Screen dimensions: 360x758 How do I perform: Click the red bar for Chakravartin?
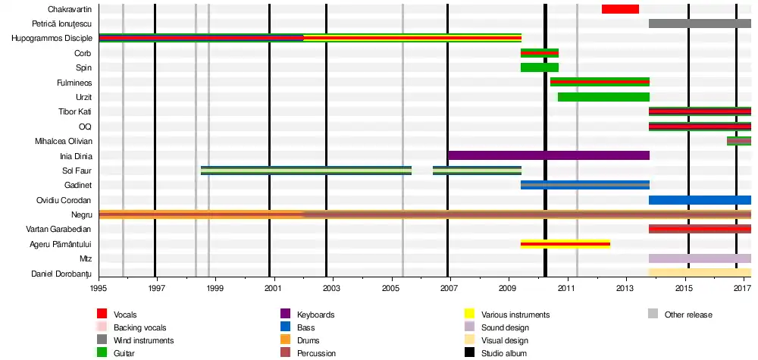(x=620, y=9)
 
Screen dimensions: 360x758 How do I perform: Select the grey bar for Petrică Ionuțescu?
(x=700, y=23)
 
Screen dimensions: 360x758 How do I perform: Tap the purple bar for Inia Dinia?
(x=549, y=155)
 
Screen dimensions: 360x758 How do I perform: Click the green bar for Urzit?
(x=603, y=97)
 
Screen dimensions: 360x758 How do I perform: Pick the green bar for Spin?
(x=539, y=67)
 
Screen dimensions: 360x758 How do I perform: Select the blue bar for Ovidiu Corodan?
(x=700, y=200)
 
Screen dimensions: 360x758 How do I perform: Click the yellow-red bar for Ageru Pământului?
(x=565, y=244)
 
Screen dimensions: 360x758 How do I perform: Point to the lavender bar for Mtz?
(x=700, y=258)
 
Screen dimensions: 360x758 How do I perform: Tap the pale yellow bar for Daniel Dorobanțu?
(x=700, y=273)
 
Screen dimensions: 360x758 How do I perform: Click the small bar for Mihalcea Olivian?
(x=739, y=141)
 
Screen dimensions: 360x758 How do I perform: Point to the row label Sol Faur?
(x=77, y=171)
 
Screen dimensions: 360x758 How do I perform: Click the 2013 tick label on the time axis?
(x=625, y=290)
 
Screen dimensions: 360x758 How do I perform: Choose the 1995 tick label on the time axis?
(x=99, y=290)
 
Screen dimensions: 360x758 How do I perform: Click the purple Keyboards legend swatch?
(x=286, y=315)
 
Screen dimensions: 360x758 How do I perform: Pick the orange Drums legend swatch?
(x=286, y=340)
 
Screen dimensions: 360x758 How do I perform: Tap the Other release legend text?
(x=688, y=315)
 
